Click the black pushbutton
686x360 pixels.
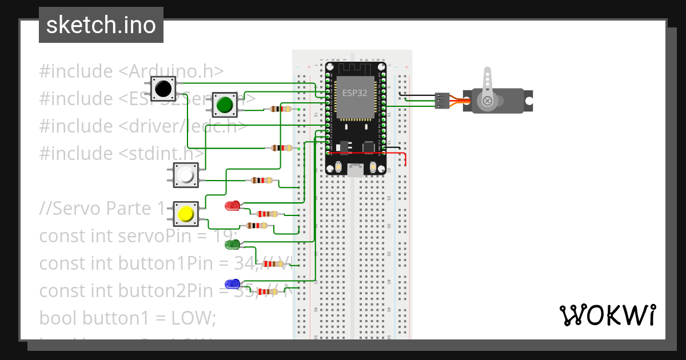point(163,89)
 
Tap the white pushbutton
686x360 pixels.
point(186,175)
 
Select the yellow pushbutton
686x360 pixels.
point(186,214)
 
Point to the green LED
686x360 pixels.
point(232,245)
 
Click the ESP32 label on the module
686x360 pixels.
point(354,93)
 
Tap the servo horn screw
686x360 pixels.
point(488,101)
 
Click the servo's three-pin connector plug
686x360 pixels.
point(442,101)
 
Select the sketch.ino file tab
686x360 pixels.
point(101,25)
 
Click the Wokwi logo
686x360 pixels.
point(607,315)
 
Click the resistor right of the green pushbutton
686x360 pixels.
point(280,109)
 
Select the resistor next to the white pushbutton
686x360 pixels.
point(261,181)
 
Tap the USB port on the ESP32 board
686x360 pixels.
point(356,169)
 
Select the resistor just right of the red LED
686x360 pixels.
point(267,214)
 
